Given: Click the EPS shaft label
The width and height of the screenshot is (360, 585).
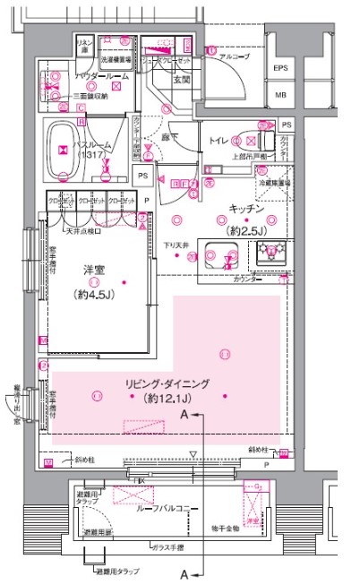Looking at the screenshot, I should tap(280, 68).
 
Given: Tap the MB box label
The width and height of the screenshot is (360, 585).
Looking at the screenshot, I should tap(280, 94).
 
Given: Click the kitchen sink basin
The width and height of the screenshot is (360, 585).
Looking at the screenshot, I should tap(217, 254).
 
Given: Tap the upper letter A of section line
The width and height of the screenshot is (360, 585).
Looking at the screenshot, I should tap(184, 416).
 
